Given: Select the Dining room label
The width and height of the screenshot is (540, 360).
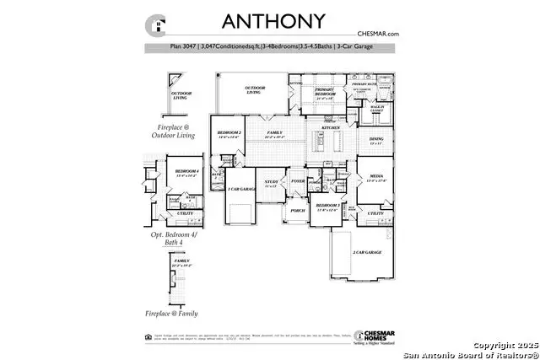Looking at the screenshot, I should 375,139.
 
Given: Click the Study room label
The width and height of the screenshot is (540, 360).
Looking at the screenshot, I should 271,181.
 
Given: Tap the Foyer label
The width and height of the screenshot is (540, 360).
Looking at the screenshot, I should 298,180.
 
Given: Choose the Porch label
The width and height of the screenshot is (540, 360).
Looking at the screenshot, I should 297,211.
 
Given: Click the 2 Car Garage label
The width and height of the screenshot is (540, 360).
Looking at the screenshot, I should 369,252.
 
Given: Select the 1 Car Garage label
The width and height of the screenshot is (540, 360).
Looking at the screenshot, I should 242,190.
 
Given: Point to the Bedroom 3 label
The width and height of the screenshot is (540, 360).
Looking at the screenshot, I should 327,206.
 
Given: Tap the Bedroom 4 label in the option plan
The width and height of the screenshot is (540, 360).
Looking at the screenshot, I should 186,172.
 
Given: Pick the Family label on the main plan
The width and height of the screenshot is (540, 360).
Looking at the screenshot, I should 275,133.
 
